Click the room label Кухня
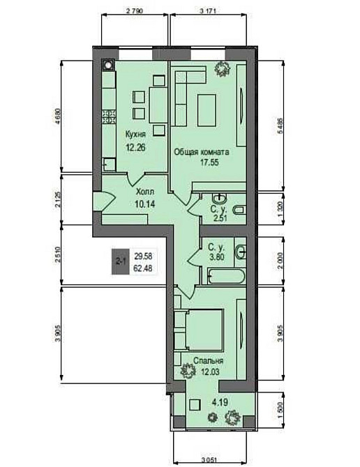click(135, 134)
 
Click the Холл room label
click(144, 192)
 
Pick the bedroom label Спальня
click(209, 361)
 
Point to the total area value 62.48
click(144, 268)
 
